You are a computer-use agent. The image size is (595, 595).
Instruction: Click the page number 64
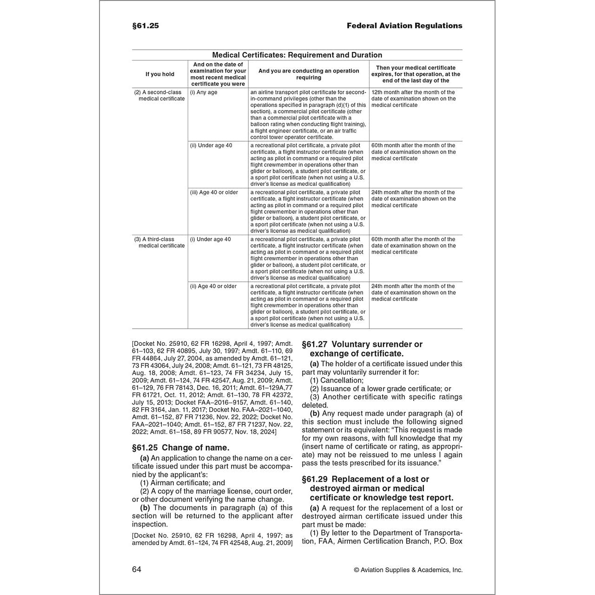136,569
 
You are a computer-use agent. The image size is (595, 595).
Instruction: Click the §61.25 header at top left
145,26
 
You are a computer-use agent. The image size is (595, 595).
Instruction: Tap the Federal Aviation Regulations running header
404,26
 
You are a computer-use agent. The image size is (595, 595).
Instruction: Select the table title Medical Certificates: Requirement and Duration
297,55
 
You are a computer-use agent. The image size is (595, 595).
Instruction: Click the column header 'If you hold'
160,74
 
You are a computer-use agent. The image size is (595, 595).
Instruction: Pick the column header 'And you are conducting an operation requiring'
309,74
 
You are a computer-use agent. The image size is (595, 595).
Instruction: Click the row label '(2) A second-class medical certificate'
159,95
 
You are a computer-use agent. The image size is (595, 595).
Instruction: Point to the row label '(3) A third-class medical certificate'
159,242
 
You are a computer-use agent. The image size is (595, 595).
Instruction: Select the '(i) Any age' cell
204,92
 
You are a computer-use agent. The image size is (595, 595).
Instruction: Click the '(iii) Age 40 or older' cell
214,192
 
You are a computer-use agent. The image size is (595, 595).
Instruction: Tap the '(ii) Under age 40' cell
211,145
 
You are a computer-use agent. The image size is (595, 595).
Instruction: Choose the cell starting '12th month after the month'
413,99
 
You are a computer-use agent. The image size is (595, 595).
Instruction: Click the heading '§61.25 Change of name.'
181,448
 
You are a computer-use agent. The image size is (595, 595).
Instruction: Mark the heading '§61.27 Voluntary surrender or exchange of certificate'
362,349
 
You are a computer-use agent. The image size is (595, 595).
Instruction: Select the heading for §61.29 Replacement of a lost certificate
377,488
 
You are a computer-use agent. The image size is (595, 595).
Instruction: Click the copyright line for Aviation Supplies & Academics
408,570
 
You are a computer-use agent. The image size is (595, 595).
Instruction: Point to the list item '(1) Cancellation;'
337,380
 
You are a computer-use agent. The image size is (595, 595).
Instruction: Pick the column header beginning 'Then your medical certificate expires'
416,74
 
